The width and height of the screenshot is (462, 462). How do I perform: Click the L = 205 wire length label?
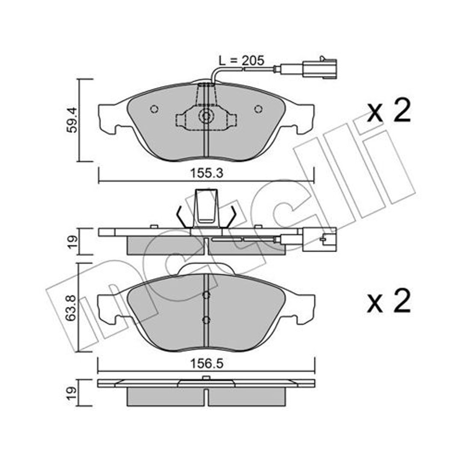pyautogui.click(x=241, y=61)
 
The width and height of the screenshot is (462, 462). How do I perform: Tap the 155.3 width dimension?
pyautogui.click(x=206, y=173)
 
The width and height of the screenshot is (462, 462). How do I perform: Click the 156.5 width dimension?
pyautogui.click(x=207, y=364)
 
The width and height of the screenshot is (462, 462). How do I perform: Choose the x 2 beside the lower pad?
pyautogui.click(x=388, y=301)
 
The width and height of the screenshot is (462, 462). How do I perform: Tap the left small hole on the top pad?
pyautogui.click(x=154, y=109)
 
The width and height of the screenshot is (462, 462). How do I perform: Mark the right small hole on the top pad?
pyautogui.click(x=258, y=109)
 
